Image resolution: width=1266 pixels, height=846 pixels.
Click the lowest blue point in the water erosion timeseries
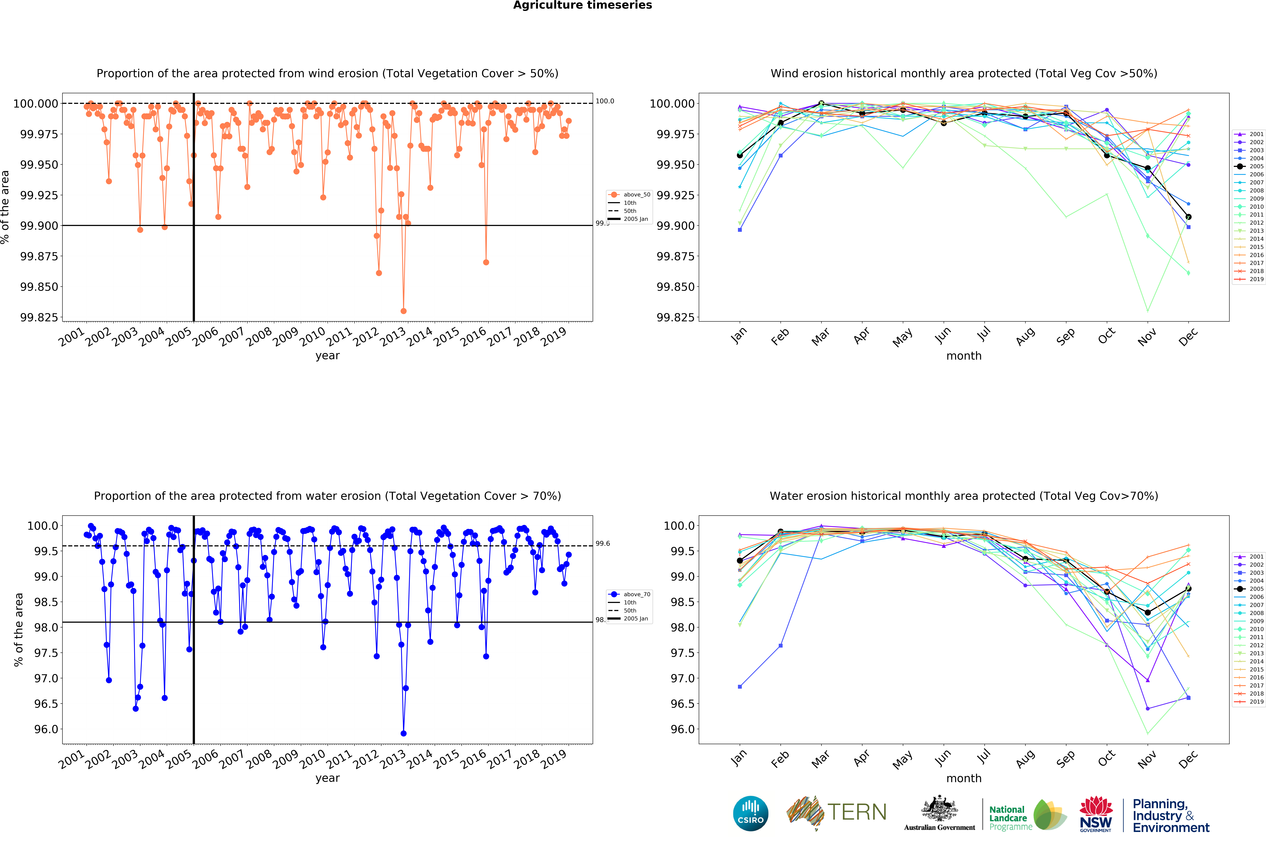coord(403,733)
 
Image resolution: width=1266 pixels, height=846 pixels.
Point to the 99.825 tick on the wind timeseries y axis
coord(39,317)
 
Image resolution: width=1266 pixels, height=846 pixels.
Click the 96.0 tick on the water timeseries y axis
coord(45,729)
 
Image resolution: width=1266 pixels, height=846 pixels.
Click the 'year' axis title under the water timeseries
coord(327,778)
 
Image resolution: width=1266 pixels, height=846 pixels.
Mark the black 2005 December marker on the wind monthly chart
coord(1188,217)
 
